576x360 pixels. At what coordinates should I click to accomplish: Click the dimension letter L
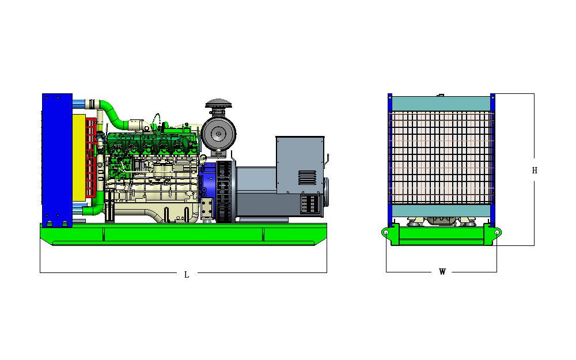tap(187, 275)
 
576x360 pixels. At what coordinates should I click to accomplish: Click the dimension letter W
tap(442, 272)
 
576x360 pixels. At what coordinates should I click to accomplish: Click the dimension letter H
tap(535, 170)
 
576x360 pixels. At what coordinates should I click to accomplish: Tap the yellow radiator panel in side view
tap(79, 158)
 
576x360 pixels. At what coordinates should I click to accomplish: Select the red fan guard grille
tap(91, 158)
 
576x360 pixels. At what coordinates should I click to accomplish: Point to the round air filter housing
tap(218, 134)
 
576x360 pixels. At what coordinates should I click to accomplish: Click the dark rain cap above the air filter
tap(218, 103)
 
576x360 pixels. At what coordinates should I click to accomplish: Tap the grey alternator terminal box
tap(300, 165)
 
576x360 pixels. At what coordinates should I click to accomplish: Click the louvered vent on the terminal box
tap(307, 177)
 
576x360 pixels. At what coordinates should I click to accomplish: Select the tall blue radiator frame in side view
tap(57, 160)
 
